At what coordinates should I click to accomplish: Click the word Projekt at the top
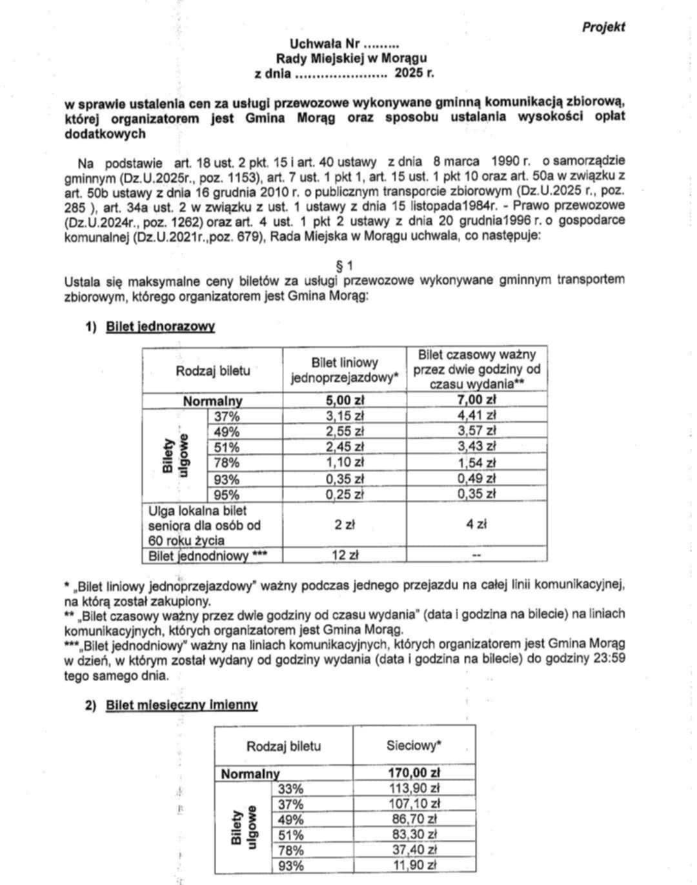pos(603,26)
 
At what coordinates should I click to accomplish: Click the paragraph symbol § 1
pos(345,265)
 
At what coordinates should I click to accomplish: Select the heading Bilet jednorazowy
pos(160,326)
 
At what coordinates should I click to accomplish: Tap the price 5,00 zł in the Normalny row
pos(345,400)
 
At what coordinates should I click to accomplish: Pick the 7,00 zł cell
pos(476,400)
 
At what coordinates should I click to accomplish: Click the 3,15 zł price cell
pos(345,415)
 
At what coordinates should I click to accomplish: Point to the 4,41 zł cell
pos(476,415)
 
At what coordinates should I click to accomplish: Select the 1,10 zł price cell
pos(345,462)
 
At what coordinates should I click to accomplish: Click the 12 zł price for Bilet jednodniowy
pos(345,555)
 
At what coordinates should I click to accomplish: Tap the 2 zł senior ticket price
pos(345,524)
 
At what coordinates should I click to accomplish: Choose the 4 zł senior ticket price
pos(476,524)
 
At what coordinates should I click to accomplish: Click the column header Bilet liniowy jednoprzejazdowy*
pos(345,370)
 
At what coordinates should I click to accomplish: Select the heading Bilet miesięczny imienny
pos(181,705)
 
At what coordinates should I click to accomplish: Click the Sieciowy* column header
pos(414,746)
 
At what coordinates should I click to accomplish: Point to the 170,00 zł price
pos(414,773)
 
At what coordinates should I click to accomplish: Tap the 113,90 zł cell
pos(414,788)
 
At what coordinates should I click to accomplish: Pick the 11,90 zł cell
pos(414,866)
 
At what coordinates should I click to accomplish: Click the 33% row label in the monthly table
pos(290,788)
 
